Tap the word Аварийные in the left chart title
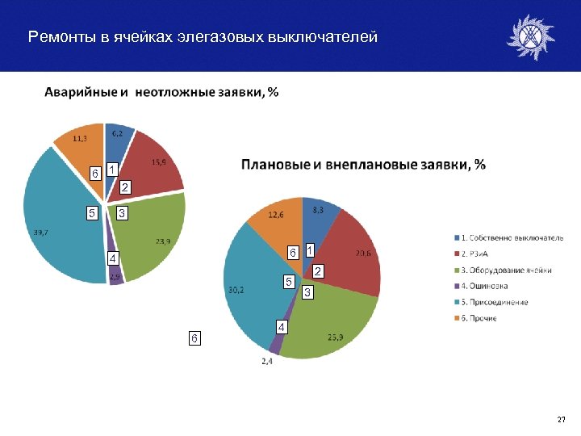(x=80, y=93)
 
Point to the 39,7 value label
(x=41, y=233)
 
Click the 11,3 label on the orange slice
(x=81, y=138)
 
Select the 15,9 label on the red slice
(x=160, y=162)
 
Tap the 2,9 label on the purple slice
(x=116, y=277)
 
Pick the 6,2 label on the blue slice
(x=118, y=132)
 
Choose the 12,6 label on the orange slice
(x=277, y=215)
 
